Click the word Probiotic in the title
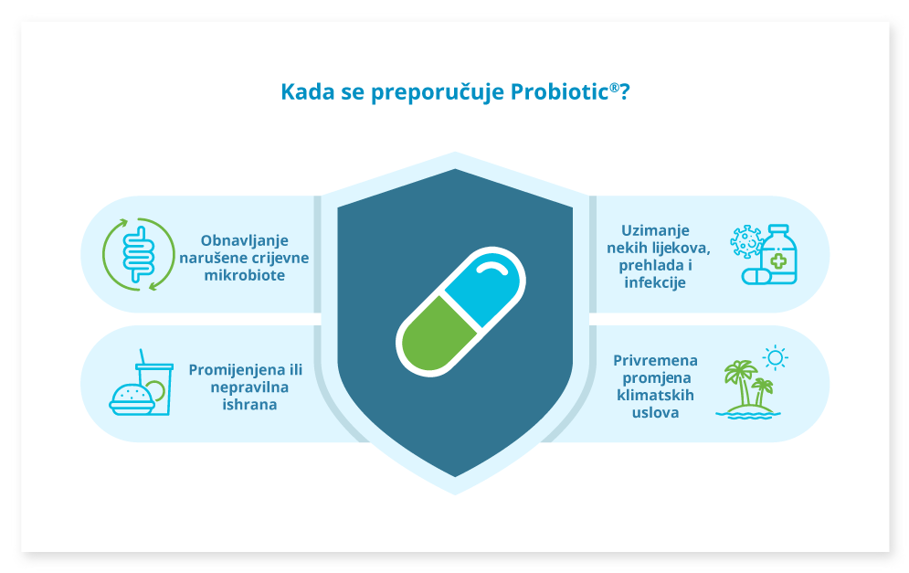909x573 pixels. [559, 92]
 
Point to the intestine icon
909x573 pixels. [139, 255]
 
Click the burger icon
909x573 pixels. [132, 400]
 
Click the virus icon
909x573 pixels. [746, 241]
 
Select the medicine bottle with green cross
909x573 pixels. [778, 254]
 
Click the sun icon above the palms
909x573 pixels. [775, 358]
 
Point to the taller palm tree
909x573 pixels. [742, 383]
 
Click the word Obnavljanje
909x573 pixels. [244, 240]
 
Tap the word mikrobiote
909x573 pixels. [245, 275]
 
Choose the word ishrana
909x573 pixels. [249, 404]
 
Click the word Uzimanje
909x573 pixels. [655, 231]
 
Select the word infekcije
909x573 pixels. [655, 282]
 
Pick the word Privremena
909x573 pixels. [655, 361]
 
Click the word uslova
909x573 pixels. [655, 412]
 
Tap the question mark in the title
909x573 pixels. [624, 92]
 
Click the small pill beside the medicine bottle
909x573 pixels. [755, 276]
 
